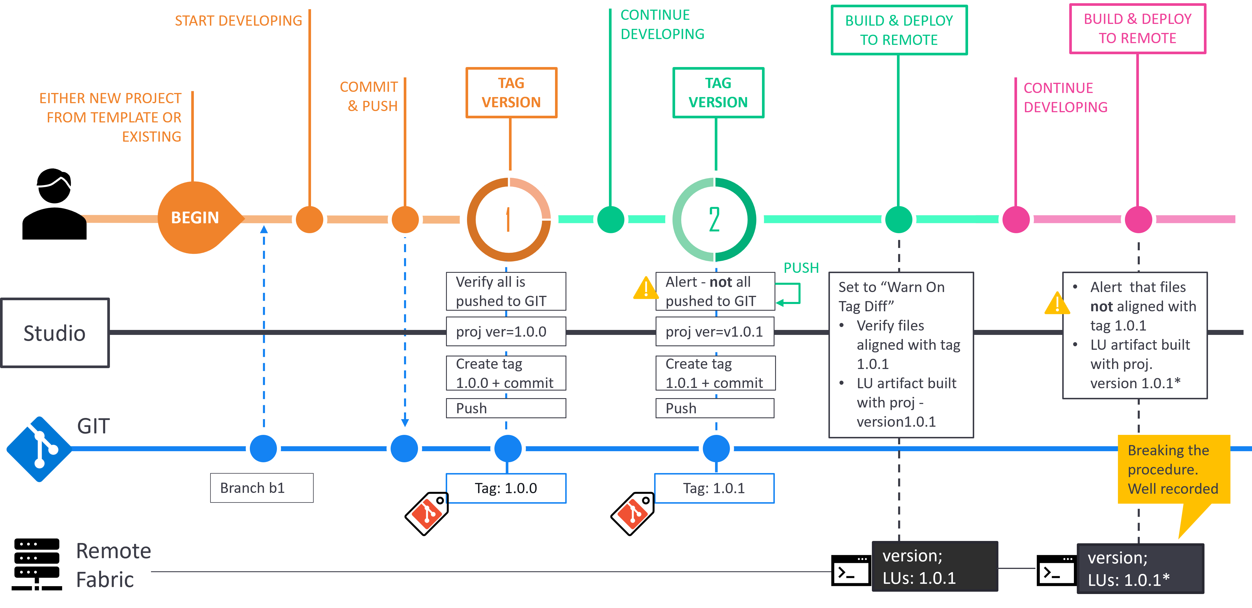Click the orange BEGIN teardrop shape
click(x=195, y=218)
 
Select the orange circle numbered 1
click(x=508, y=220)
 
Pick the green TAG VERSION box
click(x=718, y=93)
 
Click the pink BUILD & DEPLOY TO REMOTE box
click(x=1137, y=29)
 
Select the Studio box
click(x=55, y=333)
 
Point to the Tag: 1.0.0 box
click(x=506, y=488)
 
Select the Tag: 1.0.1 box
click(x=714, y=488)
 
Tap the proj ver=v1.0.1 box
click(x=714, y=331)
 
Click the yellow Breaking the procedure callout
click(x=1173, y=470)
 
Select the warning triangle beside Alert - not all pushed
click(x=645, y=288)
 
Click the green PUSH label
click(x=801, y=268)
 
